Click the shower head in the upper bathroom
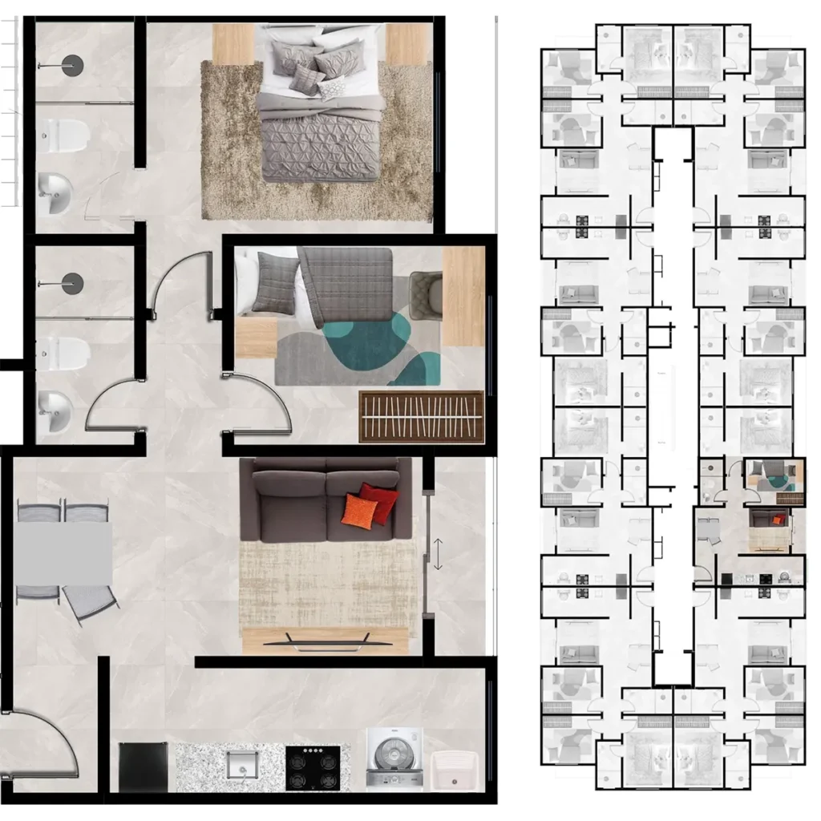[x=72, y=64]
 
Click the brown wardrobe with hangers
[x=422, y=417]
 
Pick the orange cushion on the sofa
[x=360, y=511]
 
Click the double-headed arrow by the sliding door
[x=438, y=554]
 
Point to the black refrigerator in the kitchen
[x=144, y=766]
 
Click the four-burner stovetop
[x=313, y=768]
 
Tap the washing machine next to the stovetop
[x=394, y=758]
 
